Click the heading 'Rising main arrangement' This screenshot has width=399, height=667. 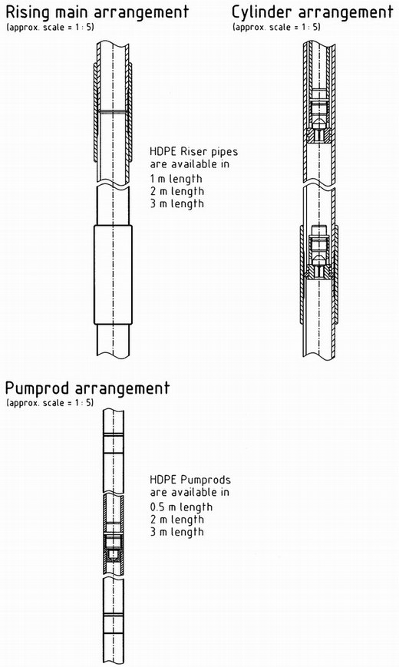[97, 12]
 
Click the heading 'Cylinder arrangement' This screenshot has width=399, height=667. [312, 12]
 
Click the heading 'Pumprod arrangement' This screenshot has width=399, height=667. [87, 388]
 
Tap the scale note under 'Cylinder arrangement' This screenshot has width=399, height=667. [276, 27]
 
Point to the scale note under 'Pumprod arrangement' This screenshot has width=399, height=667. [49, 402]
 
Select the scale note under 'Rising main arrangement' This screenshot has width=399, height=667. [50, 27]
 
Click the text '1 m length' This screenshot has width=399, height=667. [176, 179]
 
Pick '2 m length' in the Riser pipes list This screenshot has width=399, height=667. [176, 191]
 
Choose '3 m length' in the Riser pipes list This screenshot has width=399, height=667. [176, 203]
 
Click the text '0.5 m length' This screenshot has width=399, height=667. [181, 507]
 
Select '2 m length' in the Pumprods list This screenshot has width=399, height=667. [176, 520]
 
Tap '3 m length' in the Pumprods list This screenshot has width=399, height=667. [176, 532]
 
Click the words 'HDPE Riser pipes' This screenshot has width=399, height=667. [193, 152]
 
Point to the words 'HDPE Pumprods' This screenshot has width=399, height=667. [190, 480]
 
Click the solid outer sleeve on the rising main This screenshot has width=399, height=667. [113, 275]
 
